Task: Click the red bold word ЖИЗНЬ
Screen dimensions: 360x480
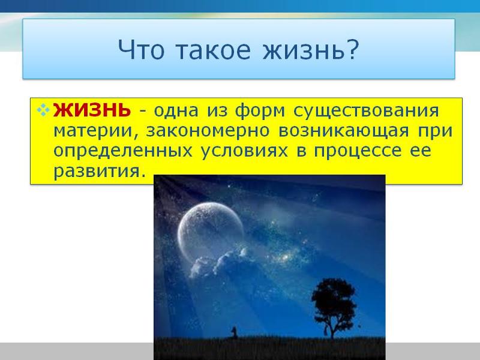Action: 92,110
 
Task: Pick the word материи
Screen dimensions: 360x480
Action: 89,131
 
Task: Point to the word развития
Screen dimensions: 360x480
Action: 98,172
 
